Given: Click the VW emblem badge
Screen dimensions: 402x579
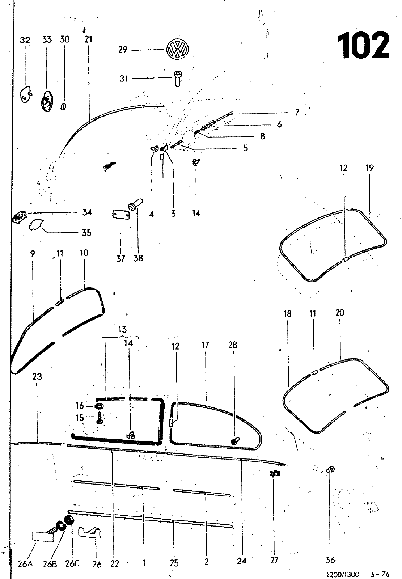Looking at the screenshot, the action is click(177, 49).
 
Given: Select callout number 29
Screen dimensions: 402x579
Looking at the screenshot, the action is click(123, 49).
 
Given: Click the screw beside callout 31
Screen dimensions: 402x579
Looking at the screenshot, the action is click(177, 78).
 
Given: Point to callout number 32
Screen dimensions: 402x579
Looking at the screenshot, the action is click(25, 40).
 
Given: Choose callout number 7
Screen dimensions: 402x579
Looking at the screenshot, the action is click(297, 112).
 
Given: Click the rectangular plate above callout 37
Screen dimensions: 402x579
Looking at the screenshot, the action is click(120, 215).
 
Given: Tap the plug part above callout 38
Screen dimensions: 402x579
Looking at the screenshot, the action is click(135, 204).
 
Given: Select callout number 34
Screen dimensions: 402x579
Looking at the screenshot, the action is click(87, 212).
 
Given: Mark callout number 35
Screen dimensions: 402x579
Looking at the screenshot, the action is click(86, 233).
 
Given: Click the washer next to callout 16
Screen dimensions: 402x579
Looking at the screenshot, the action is click(98, 406).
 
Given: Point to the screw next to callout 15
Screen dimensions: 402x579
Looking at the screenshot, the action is click(100, 418).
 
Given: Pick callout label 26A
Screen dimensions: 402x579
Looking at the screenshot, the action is click(25, 564).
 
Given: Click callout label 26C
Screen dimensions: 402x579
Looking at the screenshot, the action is click(72, 563).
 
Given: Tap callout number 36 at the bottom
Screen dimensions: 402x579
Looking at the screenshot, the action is click(330, 560).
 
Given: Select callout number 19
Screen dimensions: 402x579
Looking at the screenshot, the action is click(370, 168).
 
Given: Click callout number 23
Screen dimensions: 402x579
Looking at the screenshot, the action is click(37, 377).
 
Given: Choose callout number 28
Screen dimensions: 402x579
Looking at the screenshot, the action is click(233, 345).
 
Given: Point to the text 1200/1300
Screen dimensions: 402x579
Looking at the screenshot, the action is click(343, 574).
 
